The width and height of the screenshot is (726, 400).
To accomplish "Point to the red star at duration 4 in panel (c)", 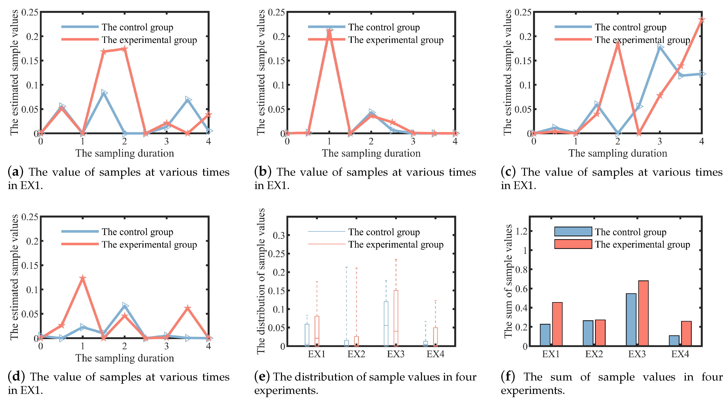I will coord(701,20).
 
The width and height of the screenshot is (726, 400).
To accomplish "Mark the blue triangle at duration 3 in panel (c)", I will coord(660,47).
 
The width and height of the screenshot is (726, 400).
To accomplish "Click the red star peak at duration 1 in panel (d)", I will coord(82,278).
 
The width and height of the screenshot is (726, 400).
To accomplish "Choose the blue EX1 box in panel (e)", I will coord(307,335).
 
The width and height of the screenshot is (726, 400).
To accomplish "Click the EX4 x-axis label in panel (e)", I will coord(435,354).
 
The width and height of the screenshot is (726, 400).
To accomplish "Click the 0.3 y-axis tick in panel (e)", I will coord(278,235).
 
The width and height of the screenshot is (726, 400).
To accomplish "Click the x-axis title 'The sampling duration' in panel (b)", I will coord(371,153).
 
